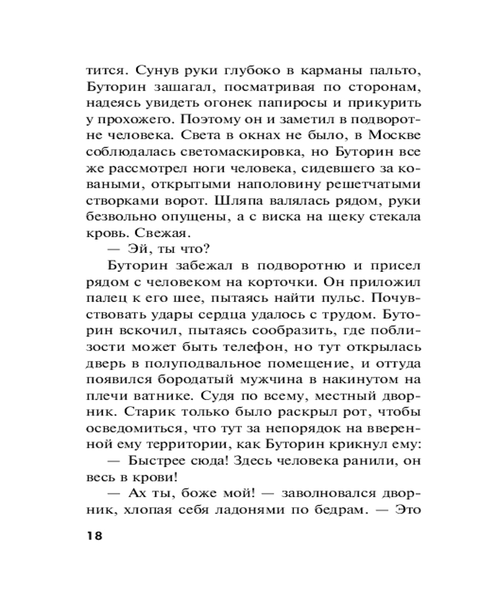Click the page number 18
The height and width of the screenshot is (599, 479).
tap(95, 536)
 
